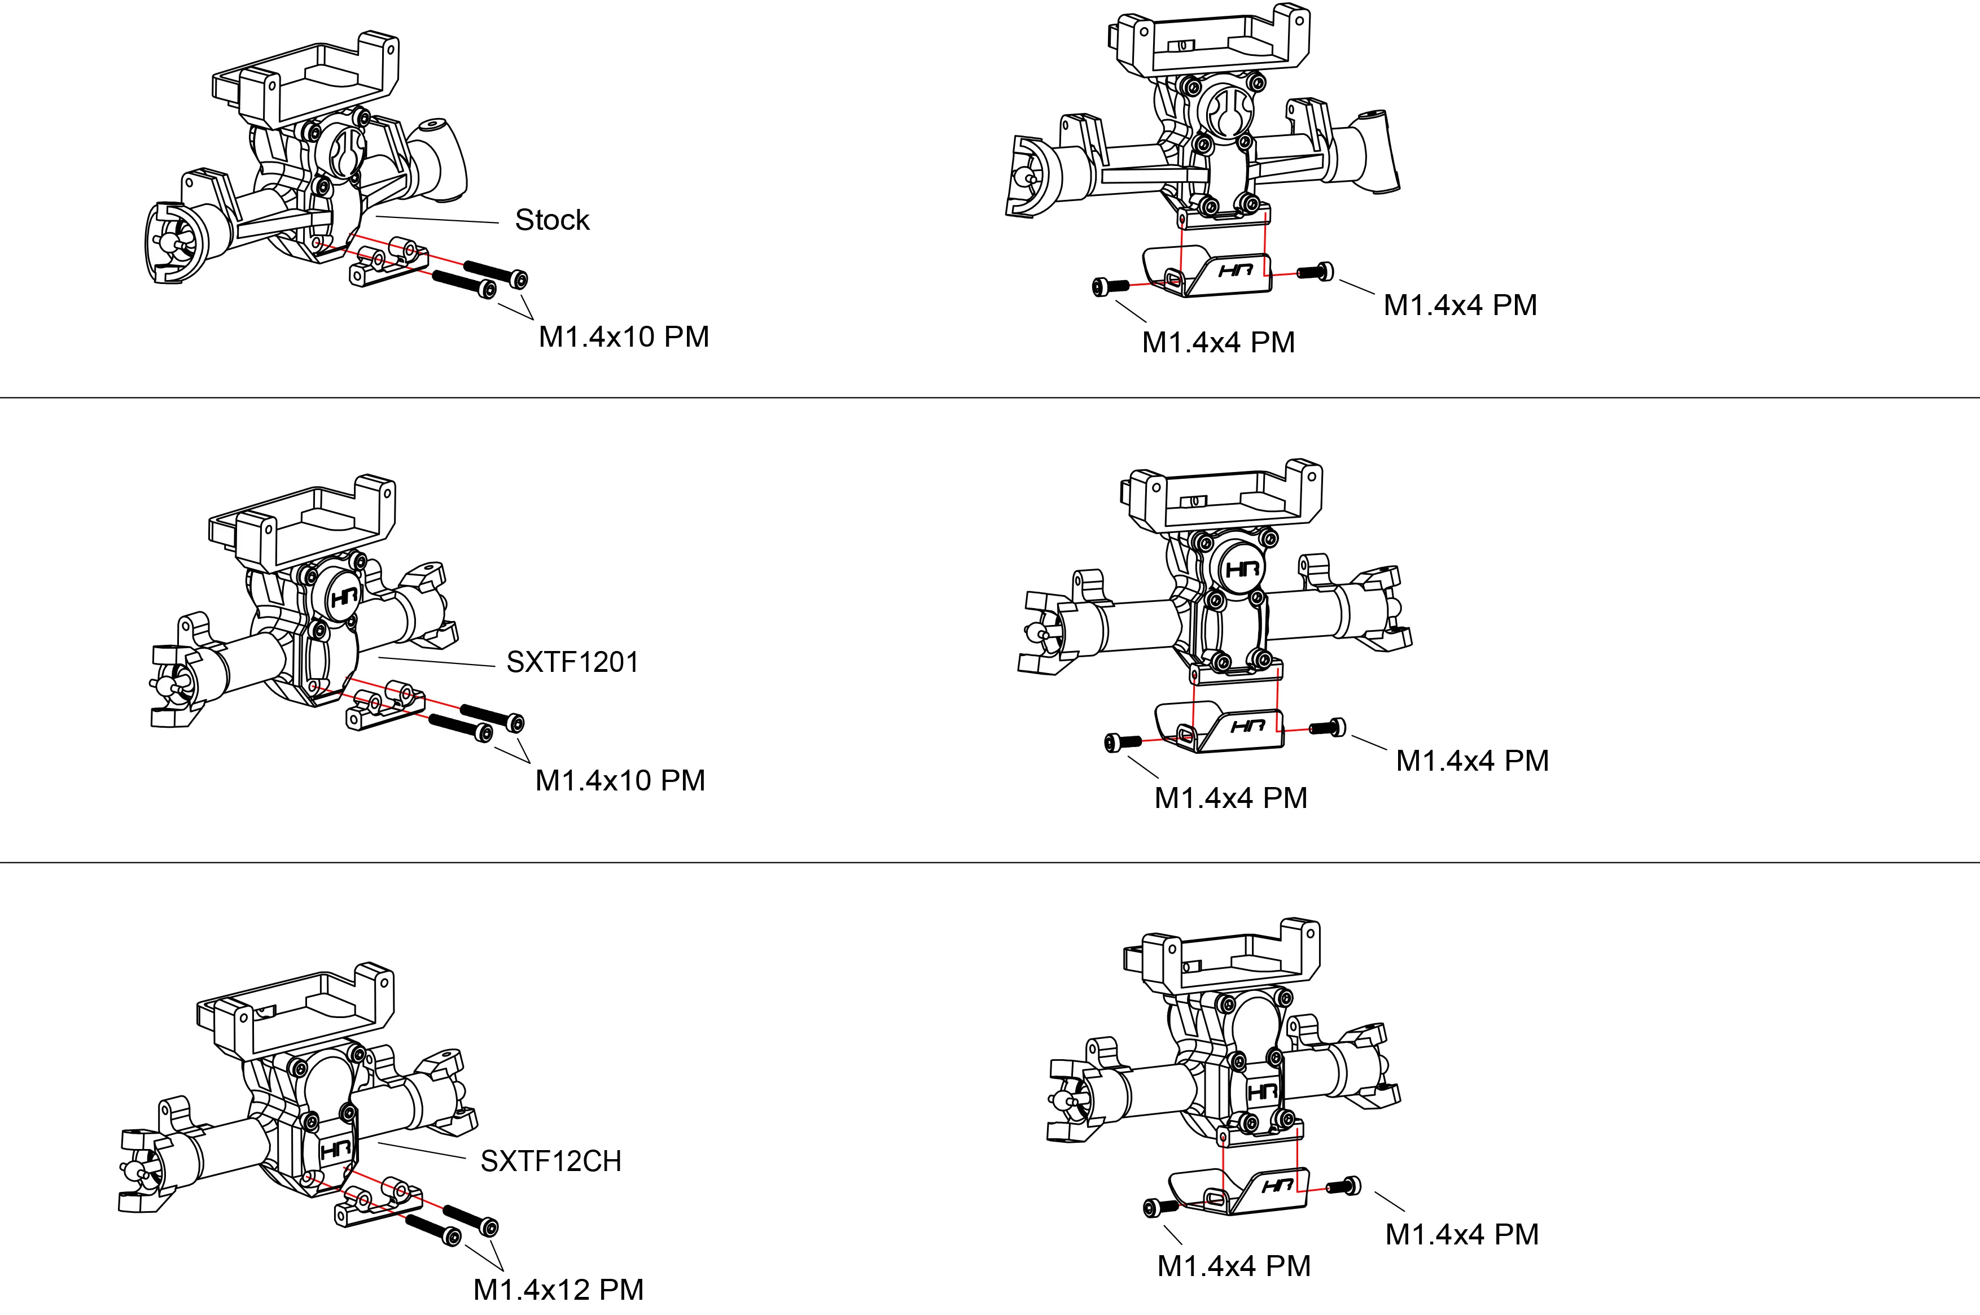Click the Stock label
(x=551, y=220)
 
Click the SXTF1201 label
(x=572, y=662)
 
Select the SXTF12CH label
(x=551, y=1161)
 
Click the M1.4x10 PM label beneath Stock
(x=624, y=337)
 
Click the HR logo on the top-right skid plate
(x=1236, y=271)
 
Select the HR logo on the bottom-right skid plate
(x=1277, y=1186)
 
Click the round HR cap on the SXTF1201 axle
(x=344, y=596)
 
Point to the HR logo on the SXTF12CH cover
(x=337, y=1149)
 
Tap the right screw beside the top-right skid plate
(x=1317, y=271)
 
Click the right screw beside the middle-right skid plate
(x=1329, y=728)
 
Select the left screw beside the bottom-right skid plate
(x=1157, y=1207)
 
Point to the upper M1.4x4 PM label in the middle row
(x=1472, y=761)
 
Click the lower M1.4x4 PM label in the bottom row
(x=1234, y=1265)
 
